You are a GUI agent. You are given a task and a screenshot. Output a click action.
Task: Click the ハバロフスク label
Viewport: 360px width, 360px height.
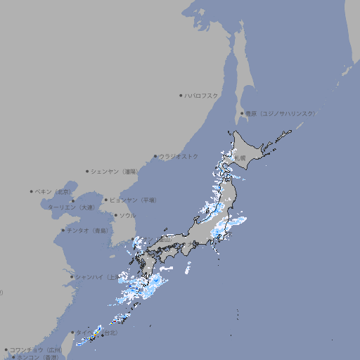[x=202, y=95]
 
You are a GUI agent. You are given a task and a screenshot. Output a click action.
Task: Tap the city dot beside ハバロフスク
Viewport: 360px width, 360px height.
[x=181, y=95]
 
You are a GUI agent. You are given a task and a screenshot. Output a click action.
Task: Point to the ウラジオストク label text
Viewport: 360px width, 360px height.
[x=179, y=156]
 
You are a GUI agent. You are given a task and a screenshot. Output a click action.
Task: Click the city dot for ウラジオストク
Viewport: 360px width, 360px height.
[x=155, y=156]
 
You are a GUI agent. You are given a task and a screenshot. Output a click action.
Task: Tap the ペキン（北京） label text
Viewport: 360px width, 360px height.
[x=53, y=191]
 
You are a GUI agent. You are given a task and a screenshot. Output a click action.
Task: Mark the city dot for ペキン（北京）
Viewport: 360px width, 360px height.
[x=32, y=191]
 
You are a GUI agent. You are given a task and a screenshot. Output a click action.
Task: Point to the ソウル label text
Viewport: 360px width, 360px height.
[x=127, y=215]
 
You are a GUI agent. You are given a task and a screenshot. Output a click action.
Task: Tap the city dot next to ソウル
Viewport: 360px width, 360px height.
[x=115, y=215]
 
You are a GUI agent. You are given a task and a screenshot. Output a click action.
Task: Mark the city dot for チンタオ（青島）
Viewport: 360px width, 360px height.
[x=63, y=230]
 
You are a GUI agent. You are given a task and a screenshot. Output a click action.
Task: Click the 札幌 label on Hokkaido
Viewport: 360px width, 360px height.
[x=240, y=157]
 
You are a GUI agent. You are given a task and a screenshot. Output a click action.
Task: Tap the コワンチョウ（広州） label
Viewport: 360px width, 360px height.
[x=36, y=349]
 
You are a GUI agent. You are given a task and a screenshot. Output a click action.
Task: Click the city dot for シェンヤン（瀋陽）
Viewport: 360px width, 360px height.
[x=87, y=171]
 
